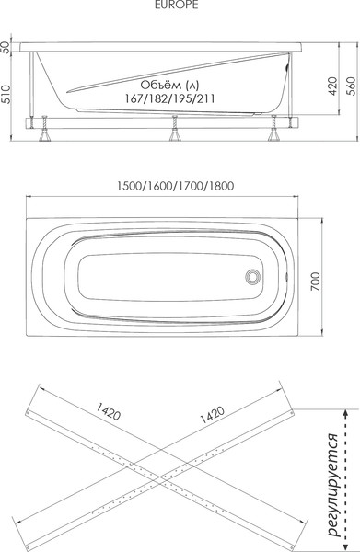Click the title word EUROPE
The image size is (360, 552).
(170, 6)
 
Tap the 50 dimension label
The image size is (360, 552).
(8, 47)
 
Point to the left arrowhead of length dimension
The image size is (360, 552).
(27, 195)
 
